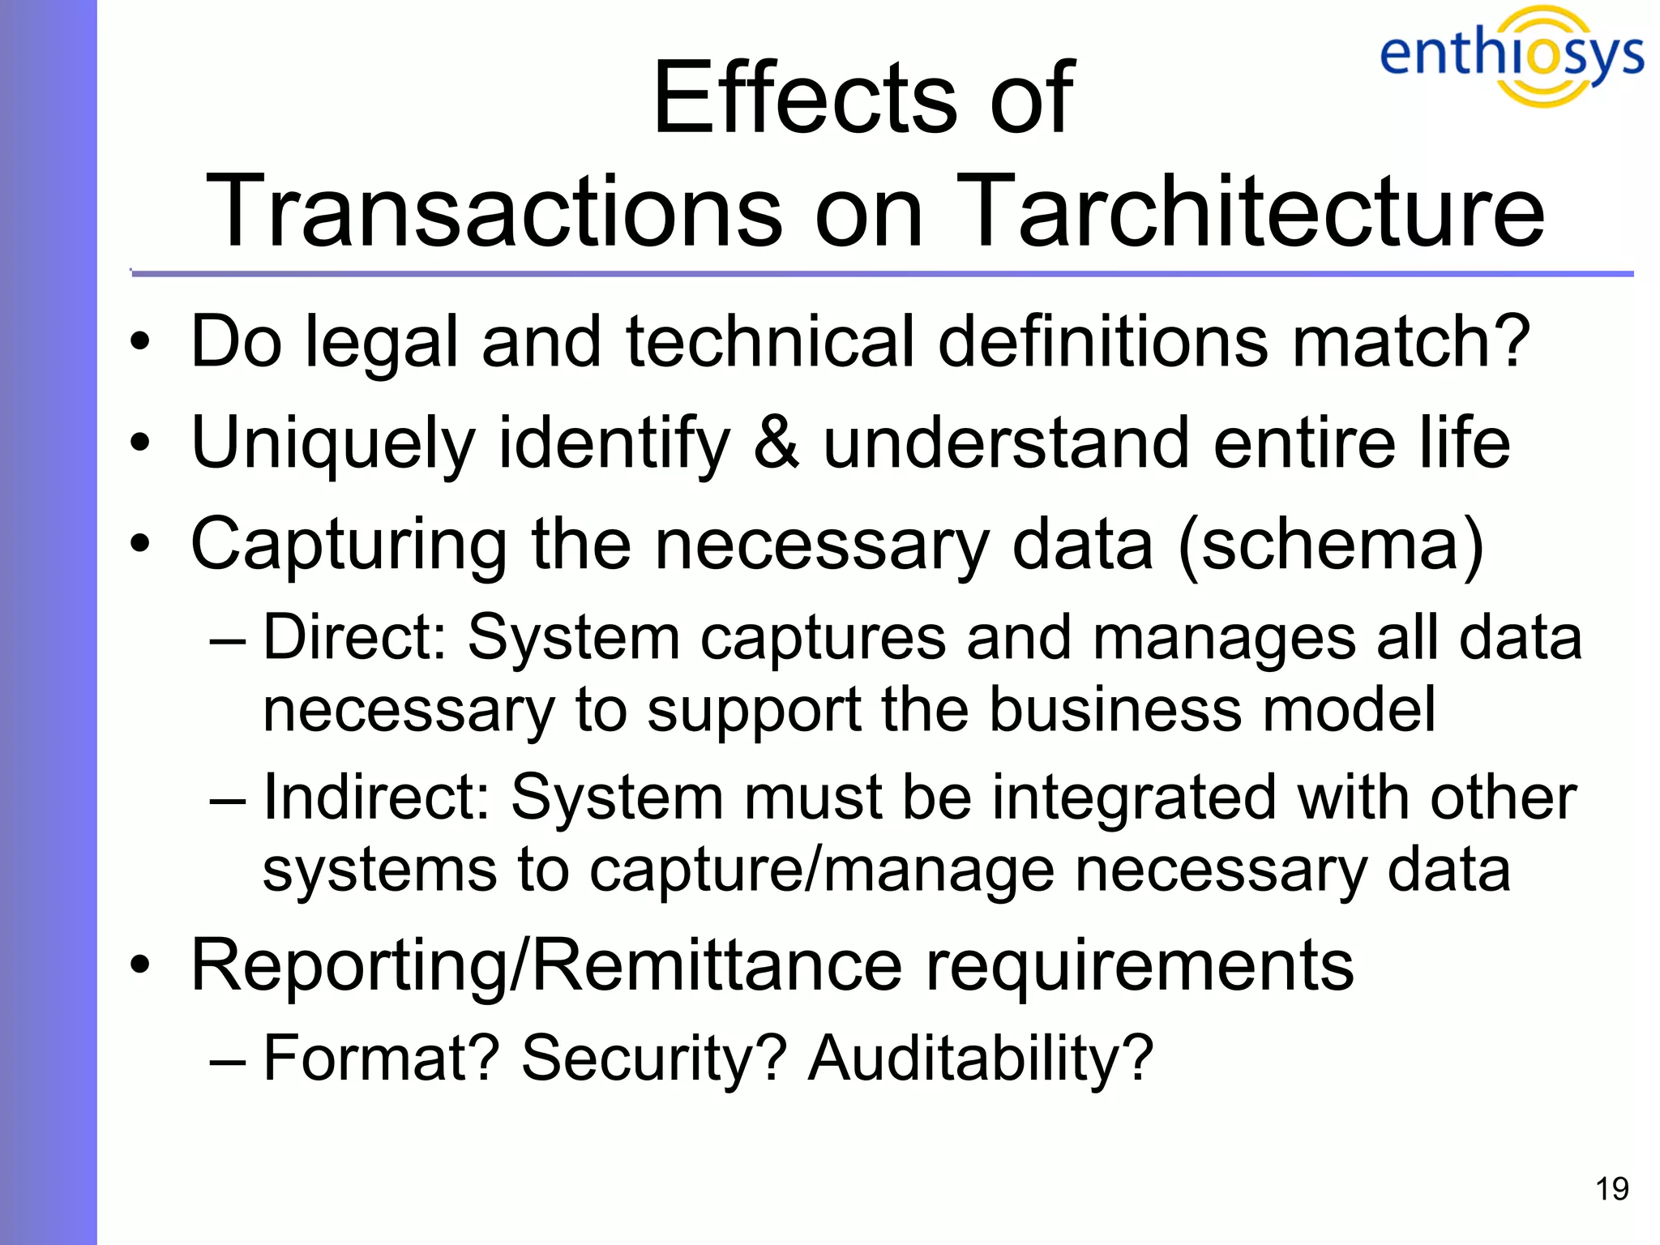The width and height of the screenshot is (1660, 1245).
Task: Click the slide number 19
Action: pos(1611,1189)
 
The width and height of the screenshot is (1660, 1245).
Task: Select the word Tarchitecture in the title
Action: pos(1252,212)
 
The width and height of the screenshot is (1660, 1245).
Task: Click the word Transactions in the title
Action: pos(494,212)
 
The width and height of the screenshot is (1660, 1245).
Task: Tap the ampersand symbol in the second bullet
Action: pos(777,443)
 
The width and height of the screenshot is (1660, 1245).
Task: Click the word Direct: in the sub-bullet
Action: pos(355,637)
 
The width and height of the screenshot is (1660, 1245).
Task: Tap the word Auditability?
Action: pos(980,1058)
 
